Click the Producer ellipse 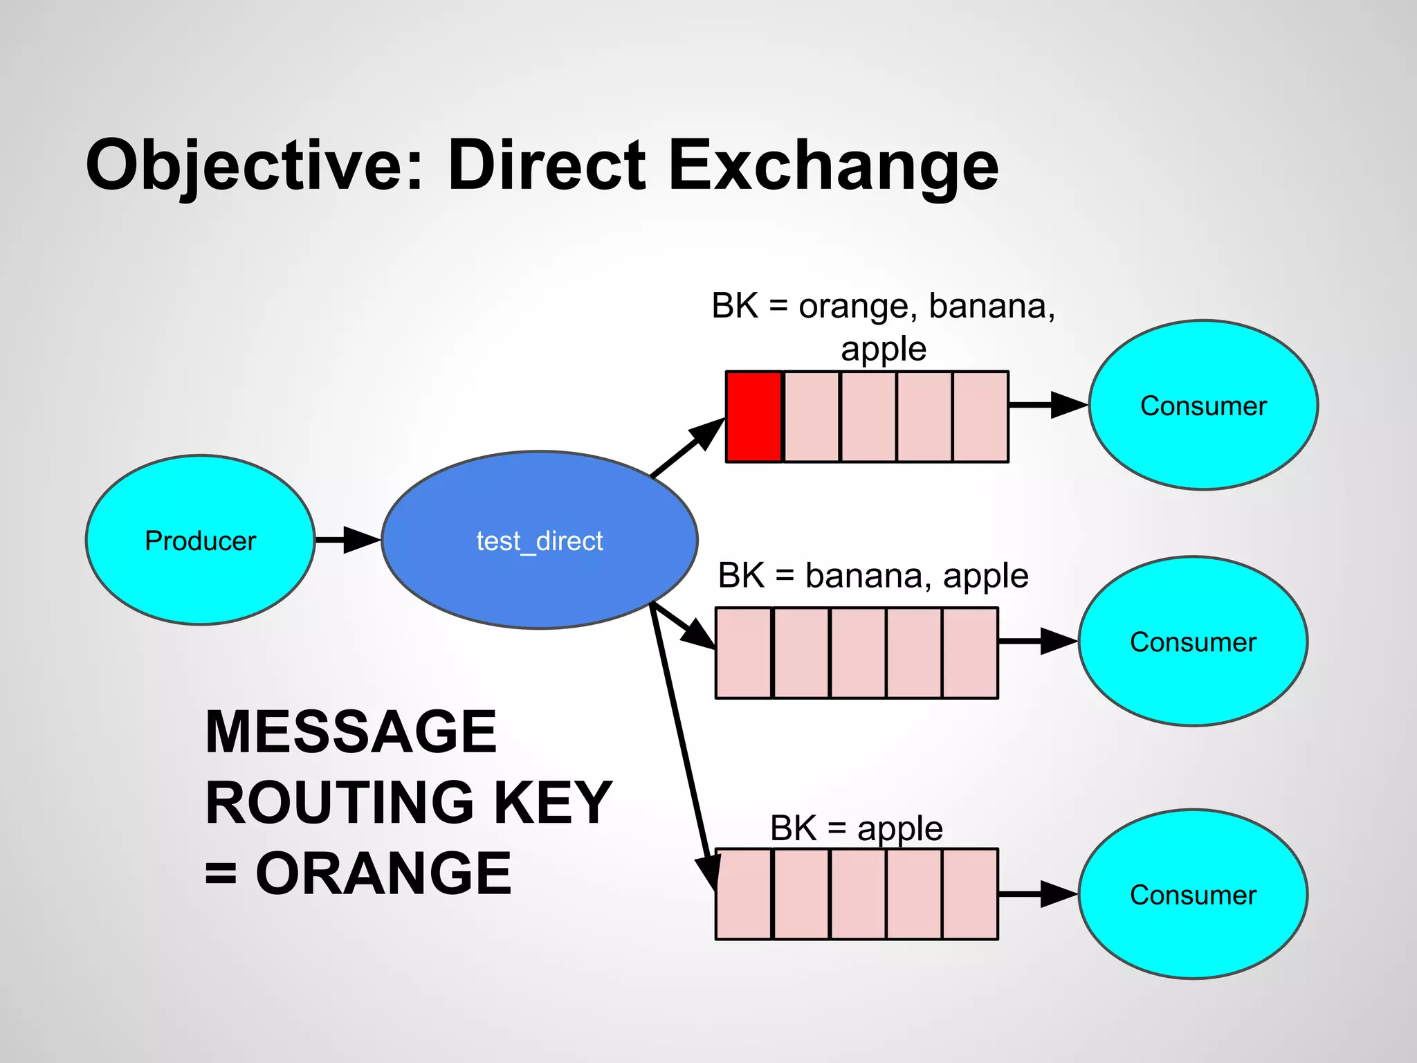click(200, 540)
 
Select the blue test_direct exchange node click(539, 540)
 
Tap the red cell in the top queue click(753, 417)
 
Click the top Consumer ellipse click(1203, 406)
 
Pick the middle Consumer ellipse click(1193, 642)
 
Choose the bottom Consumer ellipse click(1193, 895)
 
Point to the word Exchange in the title click(833, 166)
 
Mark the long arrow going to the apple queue click(682, 741)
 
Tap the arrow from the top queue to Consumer click(1048, 405)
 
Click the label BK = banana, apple click(873, 576)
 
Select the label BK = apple click(856, 828)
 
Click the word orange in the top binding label click(853, 307)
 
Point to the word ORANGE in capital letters click(383, 873)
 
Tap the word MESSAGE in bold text click(351, 732)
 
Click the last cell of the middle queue click(970, 653)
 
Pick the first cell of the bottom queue click(744, 894)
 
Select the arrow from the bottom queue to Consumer click(1038, 894)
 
